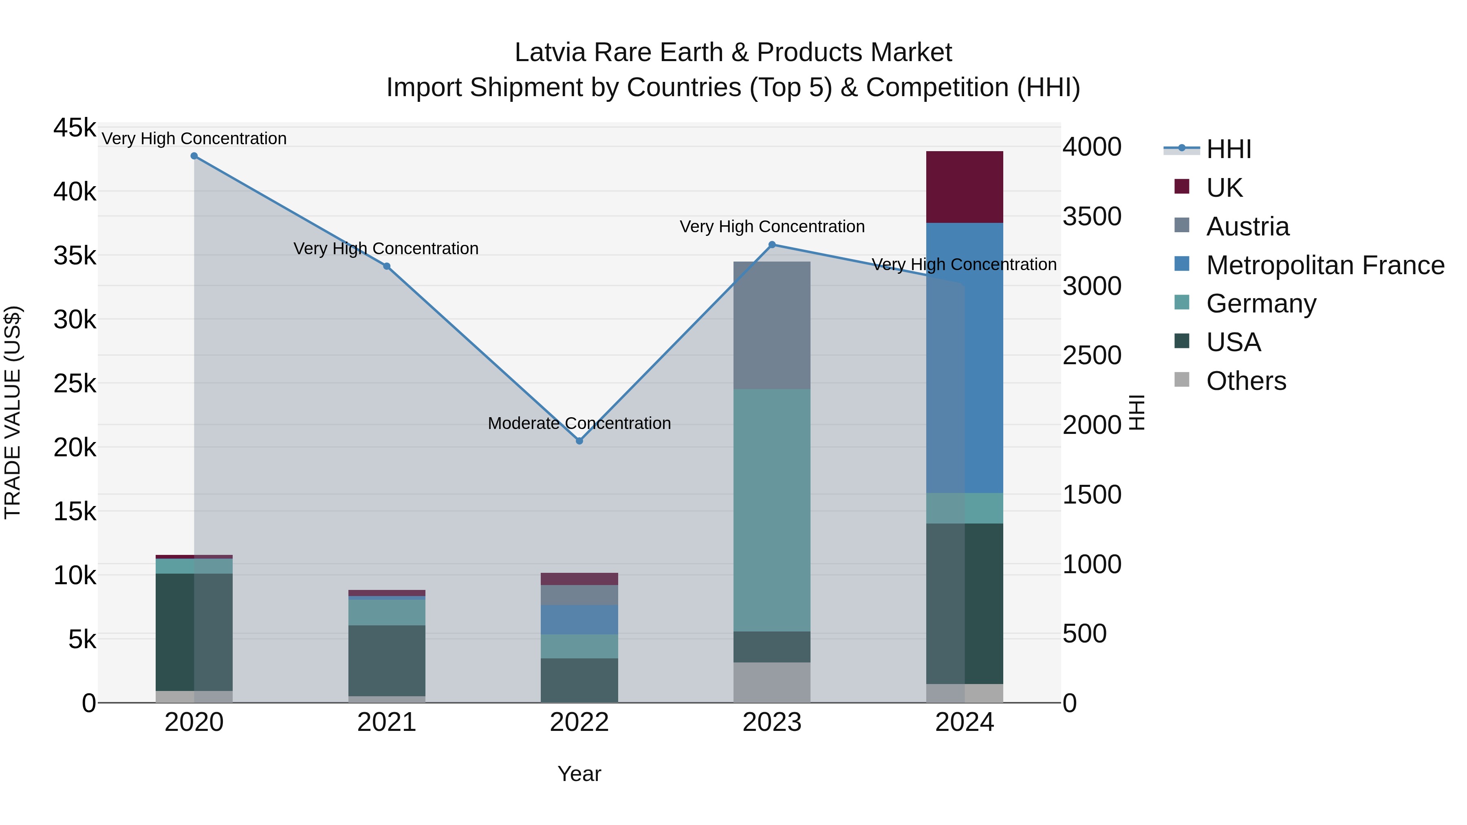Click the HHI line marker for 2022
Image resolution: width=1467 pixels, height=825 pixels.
(579, 441)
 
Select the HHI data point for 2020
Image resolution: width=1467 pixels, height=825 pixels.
(194, 156)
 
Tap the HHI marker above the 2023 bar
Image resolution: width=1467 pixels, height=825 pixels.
(772, 245)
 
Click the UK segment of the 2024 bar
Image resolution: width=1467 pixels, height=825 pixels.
(964, 187)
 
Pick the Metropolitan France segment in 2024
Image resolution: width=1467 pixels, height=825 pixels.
(964, 358)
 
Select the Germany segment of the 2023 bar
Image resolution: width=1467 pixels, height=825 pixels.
(772, 510)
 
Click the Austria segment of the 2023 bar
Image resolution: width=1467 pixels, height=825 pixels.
(772, 325)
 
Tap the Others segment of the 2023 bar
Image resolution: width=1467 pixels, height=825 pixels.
(772, 682)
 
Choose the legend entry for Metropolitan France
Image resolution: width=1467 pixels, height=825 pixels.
(1325, 265)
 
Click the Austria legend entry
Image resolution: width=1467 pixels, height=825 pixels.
(1247, 227)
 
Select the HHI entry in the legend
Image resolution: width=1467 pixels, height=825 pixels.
(1228, 149)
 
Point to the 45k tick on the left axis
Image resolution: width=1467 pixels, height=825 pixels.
(75, 128)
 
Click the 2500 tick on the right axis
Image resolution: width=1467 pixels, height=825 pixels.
(1092, 355)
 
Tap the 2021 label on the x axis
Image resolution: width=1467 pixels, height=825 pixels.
(387, 722)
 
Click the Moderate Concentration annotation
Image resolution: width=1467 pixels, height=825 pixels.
(579, 423)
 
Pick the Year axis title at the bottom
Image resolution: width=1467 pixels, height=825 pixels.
(579, 774)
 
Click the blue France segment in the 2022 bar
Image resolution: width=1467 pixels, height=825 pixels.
(579, 619)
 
